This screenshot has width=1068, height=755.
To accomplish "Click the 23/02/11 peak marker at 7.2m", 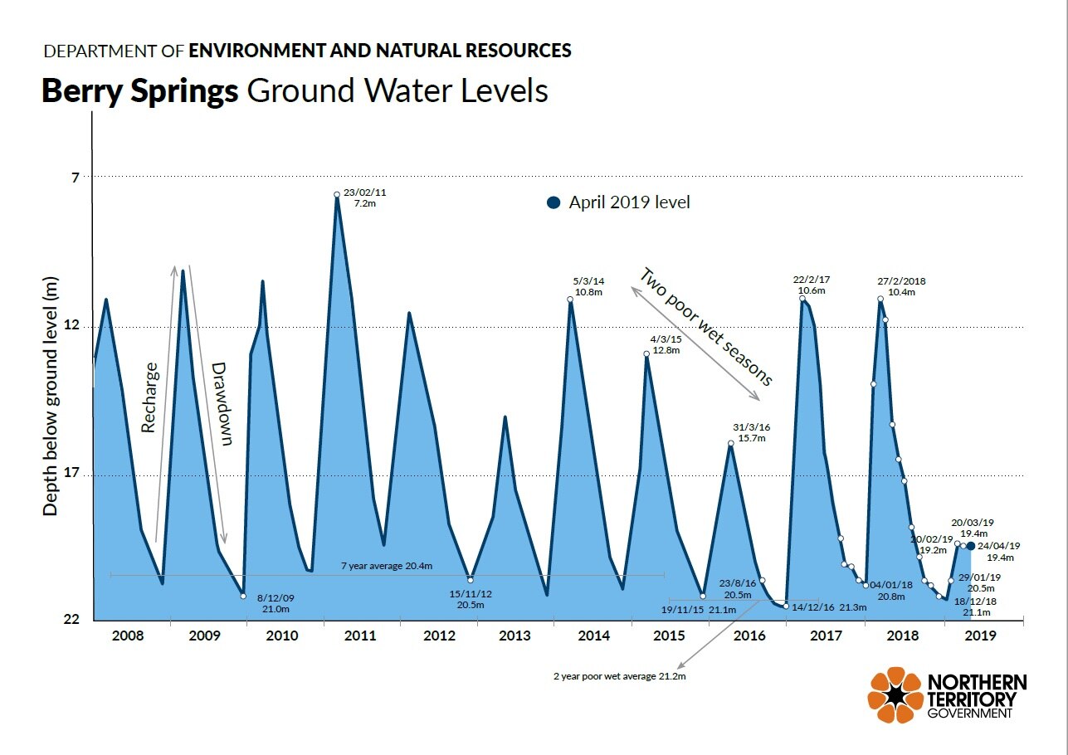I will click(337, 195).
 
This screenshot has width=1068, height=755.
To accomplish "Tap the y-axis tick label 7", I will click(75, 178).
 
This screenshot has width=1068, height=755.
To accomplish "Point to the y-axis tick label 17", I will click(71, 475).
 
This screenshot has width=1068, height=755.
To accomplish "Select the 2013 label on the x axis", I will click(515, 636).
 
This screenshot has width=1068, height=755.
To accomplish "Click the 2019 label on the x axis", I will click(981, 636).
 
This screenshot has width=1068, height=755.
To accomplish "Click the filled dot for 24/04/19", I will click(971, 546).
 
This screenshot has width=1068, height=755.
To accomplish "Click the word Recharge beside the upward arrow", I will click(149, 397).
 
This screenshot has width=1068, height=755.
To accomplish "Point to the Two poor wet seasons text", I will click(706, 327).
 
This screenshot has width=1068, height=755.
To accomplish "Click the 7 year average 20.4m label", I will click(387, 567).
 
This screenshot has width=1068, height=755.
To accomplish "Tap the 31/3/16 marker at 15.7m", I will click(731, 444).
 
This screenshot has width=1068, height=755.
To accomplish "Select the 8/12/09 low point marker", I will click(243, 596).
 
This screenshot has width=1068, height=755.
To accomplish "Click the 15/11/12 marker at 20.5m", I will click(471, 580).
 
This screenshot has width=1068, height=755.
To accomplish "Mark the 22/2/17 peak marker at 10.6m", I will click(802, 299).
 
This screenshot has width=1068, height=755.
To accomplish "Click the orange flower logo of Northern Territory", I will click(895, 694).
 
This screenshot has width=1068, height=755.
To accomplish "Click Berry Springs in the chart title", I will click(139, 90).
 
